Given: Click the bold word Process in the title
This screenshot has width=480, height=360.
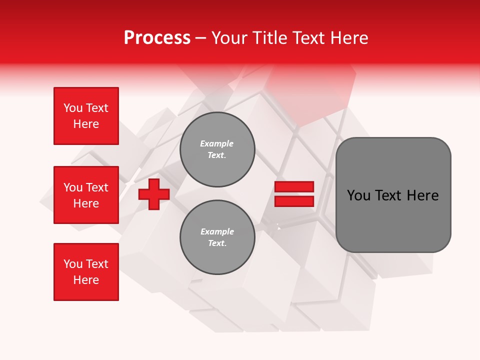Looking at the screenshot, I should [157, 38].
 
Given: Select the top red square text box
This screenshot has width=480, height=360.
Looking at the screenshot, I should [86, 116].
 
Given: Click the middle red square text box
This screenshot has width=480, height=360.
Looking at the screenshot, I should [86, 195].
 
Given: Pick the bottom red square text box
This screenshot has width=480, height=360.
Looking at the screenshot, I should [86, 272].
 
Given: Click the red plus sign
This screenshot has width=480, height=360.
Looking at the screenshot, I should [154, 194].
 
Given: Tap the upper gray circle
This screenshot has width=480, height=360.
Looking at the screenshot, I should [217, 149].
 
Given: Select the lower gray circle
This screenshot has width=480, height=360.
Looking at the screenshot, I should [217, 237].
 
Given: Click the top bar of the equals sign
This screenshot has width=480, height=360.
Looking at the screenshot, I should [294, 187].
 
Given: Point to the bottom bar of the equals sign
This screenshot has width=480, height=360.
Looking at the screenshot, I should [294, 201].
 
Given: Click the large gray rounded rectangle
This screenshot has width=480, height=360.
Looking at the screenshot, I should [393, 194].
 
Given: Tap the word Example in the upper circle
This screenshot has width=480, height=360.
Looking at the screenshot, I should [217, 143].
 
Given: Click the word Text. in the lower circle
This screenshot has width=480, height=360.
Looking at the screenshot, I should [217, 243].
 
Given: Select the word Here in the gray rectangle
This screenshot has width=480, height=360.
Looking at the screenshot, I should [422, 195].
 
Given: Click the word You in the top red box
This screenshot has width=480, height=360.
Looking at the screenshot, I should [73, 108].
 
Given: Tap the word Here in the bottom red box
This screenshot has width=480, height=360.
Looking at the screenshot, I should [86, 280].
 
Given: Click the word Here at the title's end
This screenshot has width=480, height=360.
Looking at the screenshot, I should [348, 38].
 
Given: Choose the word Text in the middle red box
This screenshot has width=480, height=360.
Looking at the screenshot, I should [97, 187].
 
